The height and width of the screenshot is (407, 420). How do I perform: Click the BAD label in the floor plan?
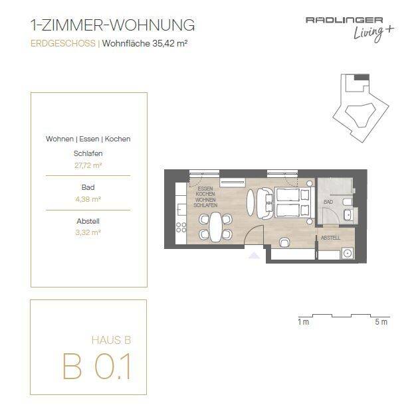328,202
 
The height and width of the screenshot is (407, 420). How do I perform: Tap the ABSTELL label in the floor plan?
330,238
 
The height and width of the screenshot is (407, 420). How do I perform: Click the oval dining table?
215,226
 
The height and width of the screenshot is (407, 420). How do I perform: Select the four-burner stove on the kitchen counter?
181,228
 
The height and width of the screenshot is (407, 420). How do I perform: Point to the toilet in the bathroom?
347,203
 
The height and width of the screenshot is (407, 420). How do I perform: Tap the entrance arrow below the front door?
255,256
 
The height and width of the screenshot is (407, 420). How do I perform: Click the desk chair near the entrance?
284,242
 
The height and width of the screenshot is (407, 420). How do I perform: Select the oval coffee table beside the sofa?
250,203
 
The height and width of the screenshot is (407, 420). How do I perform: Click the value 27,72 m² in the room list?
88,165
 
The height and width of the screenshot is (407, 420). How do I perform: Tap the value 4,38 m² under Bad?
88,199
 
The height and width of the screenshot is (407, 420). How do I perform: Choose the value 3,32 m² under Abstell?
88,232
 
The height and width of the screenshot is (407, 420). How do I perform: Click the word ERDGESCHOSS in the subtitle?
63,43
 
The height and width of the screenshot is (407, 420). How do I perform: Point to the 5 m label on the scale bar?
381,322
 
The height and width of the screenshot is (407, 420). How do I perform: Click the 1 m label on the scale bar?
304,322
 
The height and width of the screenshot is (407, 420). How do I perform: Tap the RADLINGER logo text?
344,20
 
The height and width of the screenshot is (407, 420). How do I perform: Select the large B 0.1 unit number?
97,366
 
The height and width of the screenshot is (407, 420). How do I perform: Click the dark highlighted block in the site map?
362,77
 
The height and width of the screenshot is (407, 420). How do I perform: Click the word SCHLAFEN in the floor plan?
205,205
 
